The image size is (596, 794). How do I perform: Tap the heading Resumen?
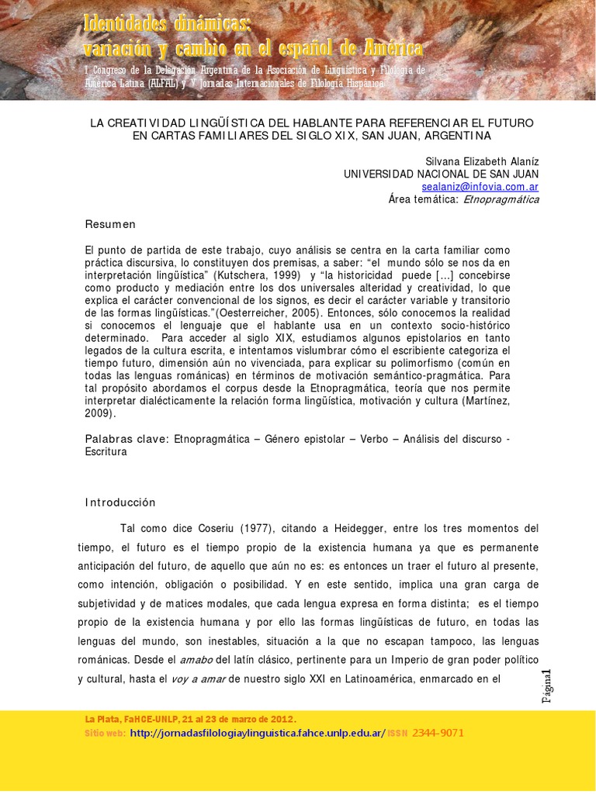point(110,224)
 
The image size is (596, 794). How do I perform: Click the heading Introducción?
point(120,502)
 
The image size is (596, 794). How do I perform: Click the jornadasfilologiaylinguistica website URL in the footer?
point(257,733)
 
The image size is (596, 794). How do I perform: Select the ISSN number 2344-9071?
point(438,733)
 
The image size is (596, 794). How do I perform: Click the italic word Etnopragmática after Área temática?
point(501,199)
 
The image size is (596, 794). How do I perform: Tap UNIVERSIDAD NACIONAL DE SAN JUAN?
point(441,174)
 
